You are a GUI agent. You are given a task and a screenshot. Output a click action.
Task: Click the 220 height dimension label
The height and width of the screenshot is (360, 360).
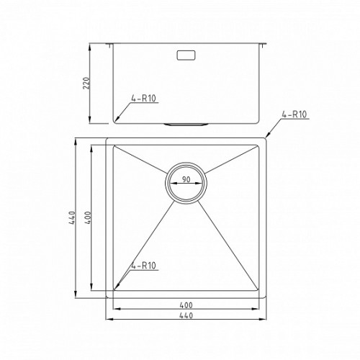pyautogui.click(x=86, y=83)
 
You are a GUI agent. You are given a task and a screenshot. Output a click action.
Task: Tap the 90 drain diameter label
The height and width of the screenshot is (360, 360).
pyautogui.click(x=186, y=179)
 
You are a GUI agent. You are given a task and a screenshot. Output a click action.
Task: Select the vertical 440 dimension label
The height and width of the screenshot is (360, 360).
pyautogui.click(x=72, y=217)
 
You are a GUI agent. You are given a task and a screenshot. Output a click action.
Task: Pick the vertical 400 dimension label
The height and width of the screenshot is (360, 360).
pyautogui.click(x=88, y=217)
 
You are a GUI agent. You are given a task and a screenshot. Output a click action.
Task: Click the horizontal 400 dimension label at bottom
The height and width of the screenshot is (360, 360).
pyautogui.click(x=186, y=305)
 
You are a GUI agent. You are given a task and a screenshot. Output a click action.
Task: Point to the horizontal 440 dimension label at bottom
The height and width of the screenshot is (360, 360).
pyautogui.click(x=186, y=315)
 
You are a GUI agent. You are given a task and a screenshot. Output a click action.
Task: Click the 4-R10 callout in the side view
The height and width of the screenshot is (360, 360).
pyautogui.click(x=143, y=98)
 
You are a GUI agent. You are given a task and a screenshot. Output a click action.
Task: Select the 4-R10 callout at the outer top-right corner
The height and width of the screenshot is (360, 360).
pyautogui.click(x=294, y=114)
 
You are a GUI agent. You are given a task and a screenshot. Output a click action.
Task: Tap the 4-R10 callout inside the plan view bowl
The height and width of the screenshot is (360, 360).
pyautogui.click(x=143, y=266)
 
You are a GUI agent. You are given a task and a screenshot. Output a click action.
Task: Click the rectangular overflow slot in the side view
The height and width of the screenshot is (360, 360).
pyautogui.click(x=186, y=55)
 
